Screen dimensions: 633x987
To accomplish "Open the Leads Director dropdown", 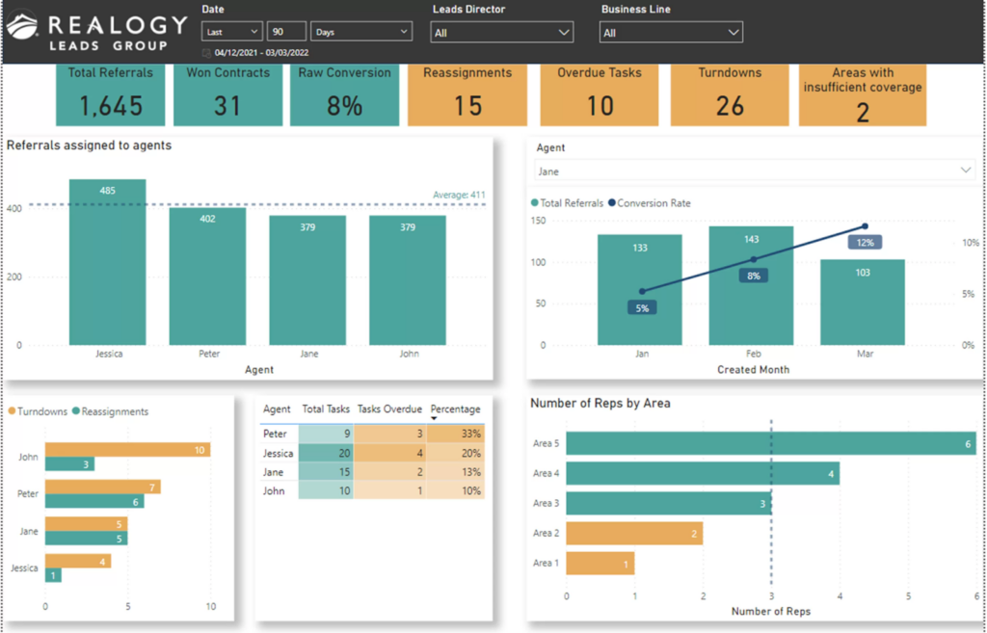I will click(x=501, y=33).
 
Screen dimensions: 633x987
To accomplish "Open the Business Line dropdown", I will click(x=671, y=33).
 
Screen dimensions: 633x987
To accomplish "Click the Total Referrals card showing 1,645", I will click(x=110, y=94).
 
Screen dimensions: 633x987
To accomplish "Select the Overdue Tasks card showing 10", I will click(x=599, y=94).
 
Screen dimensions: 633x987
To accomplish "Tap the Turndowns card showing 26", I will click(x=729, y=94).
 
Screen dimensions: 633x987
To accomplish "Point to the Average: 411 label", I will click(x=458, y=195).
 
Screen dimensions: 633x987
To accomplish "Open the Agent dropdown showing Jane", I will click(x=754, y=171).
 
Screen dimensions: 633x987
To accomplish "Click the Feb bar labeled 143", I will click(x=751, y=289).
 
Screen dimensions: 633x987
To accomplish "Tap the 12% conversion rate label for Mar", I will click(x=865, y=243).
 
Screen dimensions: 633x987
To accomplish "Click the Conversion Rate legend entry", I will click(x=652, y=203).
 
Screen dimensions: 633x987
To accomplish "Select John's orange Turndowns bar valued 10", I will click(x=127, y=450).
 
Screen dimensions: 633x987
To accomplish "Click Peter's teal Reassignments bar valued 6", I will click(x=94, y=501).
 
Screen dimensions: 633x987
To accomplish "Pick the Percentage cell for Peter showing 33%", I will click(x=456, y=434).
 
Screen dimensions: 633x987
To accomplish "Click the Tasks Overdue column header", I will click(x=389, y=409).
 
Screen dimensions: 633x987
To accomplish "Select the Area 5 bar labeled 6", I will click(x=771, y=443).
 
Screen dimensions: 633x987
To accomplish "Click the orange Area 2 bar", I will click(x=633, y=533).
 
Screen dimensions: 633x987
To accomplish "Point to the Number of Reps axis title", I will click(x=770, y=611).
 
